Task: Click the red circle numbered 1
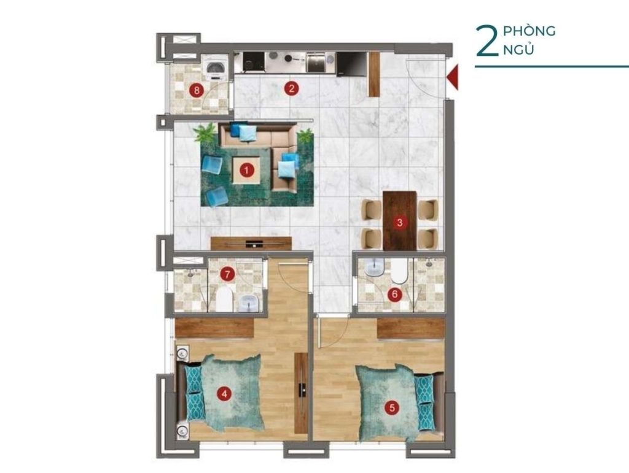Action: click(247, 170)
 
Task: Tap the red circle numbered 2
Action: click(292, 88)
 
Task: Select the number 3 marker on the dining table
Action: click(399, 222)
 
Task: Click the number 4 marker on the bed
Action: click(224, 394)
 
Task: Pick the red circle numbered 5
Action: click(392, 408)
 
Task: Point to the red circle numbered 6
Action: click(395, 294)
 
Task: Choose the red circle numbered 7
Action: click(227, 274)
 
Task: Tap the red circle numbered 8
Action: click(197, 90)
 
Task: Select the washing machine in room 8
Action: click(216, 67)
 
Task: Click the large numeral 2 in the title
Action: click(486, 41)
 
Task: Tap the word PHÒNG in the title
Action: click(529, 31)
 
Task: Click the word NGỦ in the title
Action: click(518, 50)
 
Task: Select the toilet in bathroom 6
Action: click(399, 271)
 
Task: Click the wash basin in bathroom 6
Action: click(375, 267)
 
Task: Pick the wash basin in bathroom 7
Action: click(249, 302)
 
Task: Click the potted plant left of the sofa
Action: click(206, 133)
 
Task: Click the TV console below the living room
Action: click(251, 244)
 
